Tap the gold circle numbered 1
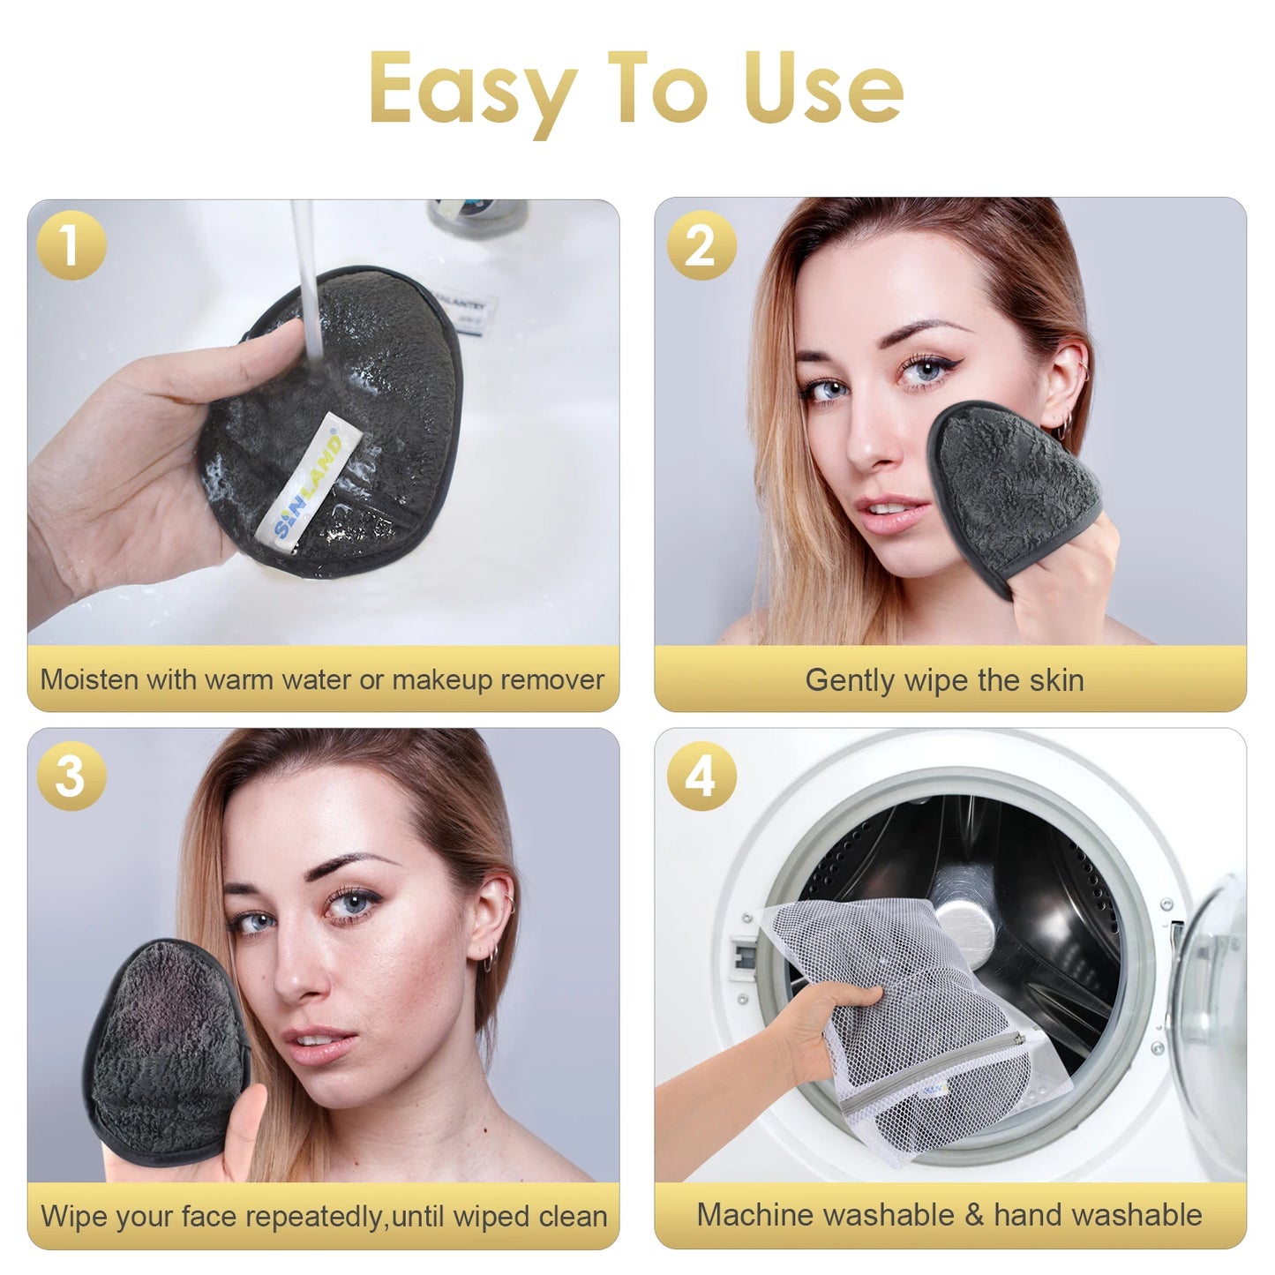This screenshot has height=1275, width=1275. pyautogui.click(x=71, y=245)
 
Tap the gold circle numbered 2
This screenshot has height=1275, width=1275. pyautogui.click(x=701, y=245)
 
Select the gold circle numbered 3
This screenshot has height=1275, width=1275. pyautogui.click(x=71, y=776)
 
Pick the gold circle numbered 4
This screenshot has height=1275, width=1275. pyautogui.click(x=701, y=776)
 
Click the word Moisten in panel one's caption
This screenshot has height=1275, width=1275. pyautogui.click(x=89, y=680)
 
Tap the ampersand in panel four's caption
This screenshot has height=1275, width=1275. pyautogui.click(x=974, y=1215)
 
